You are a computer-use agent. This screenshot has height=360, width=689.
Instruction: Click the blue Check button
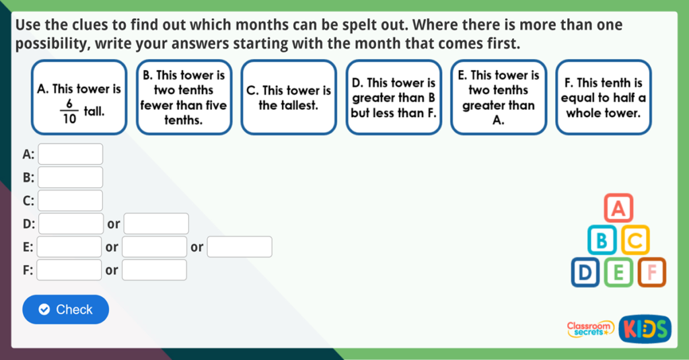[x=65, y=310]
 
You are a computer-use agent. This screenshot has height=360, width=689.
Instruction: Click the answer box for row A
[x=71, y=154]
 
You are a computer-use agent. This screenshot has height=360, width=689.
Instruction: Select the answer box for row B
[x=71, y=178]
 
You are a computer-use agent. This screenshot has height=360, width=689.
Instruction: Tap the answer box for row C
[x=71, y=201]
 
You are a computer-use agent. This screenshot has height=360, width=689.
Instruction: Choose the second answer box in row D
[x=156, y=223]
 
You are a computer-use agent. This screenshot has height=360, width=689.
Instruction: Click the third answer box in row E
[x=240, y=247]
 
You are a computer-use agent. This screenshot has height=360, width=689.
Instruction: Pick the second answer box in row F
[x=154, y=270]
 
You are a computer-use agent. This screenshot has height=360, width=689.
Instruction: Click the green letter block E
[x=618, y=273]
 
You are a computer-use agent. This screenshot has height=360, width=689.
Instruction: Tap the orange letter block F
[x=651, y=273]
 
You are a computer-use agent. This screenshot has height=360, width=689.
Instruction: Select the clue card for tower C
[x=289, y=97]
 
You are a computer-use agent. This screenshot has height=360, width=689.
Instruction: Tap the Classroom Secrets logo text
[x=590, y=328]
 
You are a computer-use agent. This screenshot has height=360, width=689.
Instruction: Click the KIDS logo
[x=644, y=328]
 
